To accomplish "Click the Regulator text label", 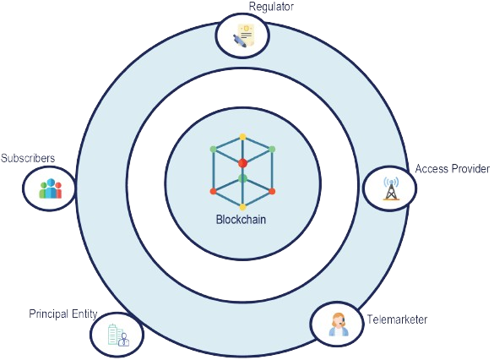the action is click(x=271, y=7).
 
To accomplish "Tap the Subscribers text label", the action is click(x=28, y=158).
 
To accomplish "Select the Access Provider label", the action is click(x=453, y=169).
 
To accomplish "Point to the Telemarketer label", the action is click(x=397, y=319).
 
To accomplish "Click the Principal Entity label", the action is click(x=63, y=314).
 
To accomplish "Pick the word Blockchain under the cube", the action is click(x=241, y=220).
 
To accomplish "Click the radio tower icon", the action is click(x=391, y=188).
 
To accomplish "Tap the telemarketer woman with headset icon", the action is click(x=339, y=325).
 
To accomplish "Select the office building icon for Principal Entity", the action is click(x=118, y=335).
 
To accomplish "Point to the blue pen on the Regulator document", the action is click(x=239, y=41).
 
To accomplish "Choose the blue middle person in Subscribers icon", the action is click(x=51, y=188).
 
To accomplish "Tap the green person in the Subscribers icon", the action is click(x=43, y=190).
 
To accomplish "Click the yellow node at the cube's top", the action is click(x=242, y=137).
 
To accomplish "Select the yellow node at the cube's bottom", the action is click(x=242, y=207).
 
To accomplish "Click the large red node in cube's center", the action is click(x=242, y=163).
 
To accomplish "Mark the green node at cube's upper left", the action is click(x=214, y=149).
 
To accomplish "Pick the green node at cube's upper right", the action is click(x=272, y=149).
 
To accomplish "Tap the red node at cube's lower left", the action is click(x=214, y=191).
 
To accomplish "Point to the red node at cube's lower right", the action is click(x=272, y=191).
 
